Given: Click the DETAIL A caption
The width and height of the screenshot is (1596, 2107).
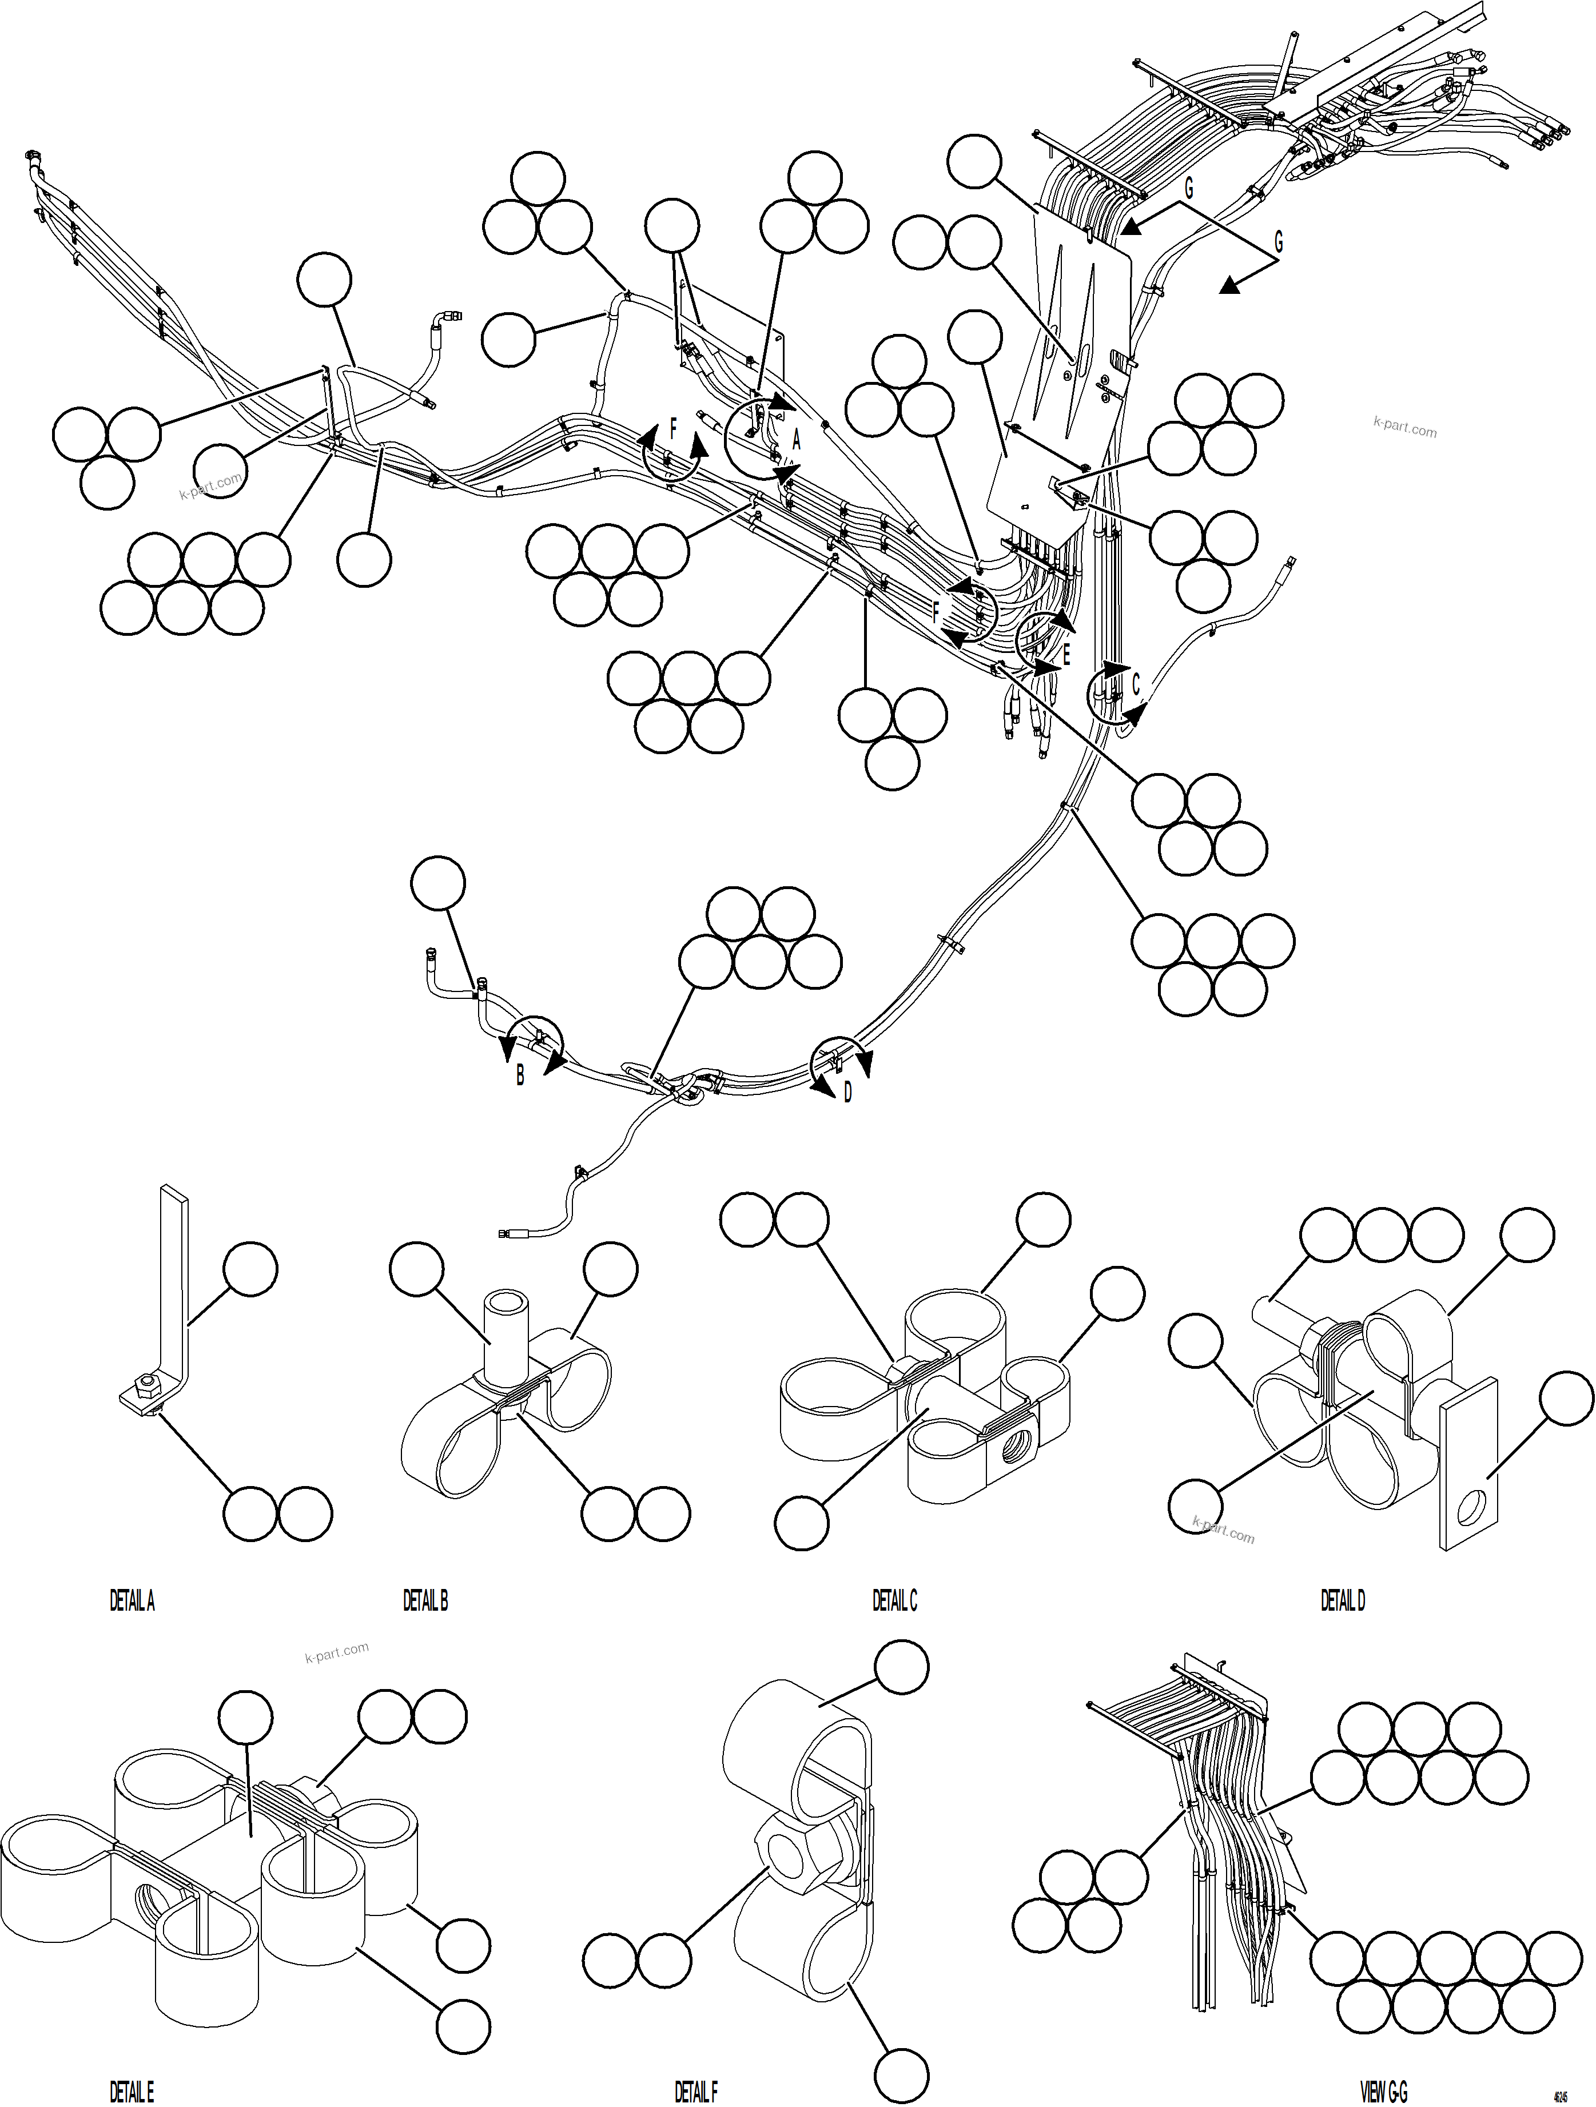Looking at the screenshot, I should [132, 1602].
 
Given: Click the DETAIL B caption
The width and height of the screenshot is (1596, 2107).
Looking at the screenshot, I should [425, 1602].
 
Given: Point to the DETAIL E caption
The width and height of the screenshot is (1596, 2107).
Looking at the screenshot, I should [132, 2092].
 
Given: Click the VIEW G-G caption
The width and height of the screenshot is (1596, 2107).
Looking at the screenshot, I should [1383, 2092].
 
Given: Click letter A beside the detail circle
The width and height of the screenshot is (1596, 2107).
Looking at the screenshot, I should [797, 440].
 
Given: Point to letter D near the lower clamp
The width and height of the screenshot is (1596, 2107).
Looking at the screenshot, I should [847, 1093].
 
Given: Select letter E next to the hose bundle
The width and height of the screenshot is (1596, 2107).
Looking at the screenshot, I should [1066, 655].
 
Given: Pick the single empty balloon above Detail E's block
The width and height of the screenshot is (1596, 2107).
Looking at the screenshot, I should [245, 1718].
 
